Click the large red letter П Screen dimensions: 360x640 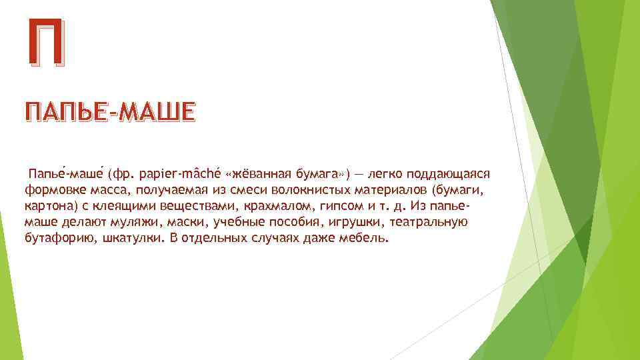coord(47,43)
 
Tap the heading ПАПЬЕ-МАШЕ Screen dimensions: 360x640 coord(110,112)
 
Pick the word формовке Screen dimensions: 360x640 coord(49,191)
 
